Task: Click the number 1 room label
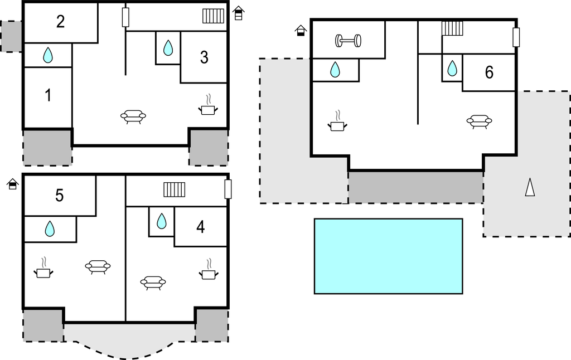48,95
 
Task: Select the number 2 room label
60,22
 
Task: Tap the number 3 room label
204,57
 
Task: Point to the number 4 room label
201,227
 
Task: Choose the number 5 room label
59,196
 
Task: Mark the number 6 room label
489,72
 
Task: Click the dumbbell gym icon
348,40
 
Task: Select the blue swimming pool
388,256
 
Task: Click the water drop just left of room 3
168,48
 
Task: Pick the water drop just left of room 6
452,69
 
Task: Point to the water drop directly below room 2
48,55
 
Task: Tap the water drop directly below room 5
50,228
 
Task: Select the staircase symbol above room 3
214,16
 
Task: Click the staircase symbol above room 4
174,189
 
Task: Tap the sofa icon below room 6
479,121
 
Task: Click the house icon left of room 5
13,184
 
